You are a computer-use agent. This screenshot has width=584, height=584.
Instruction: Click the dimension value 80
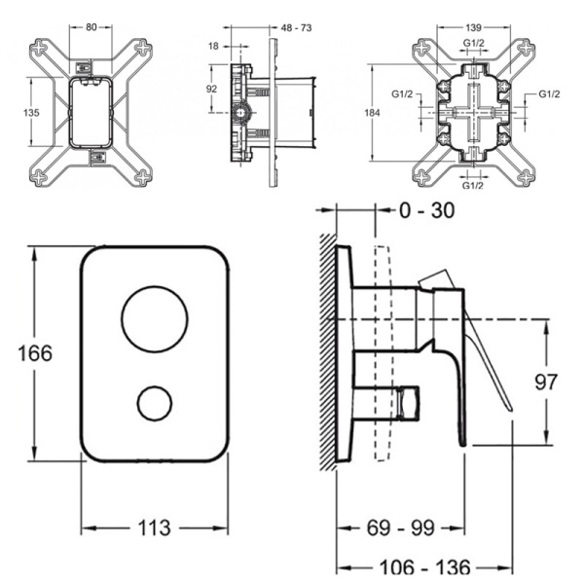coord(91,27)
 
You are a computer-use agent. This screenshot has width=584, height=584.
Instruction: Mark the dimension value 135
coord(30,113)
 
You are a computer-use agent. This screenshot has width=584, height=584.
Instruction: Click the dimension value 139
coord(474,28)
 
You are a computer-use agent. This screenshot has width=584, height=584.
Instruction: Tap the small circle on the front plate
coord(155,402)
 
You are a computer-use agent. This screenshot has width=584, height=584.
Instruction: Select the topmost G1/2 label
coord(474,45)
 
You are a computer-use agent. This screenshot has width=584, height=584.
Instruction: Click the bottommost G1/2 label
coord(474,185)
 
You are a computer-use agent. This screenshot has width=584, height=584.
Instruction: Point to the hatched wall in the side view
coord(327,350)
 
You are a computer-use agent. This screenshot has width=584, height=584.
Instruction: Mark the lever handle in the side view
coord(487,365)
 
